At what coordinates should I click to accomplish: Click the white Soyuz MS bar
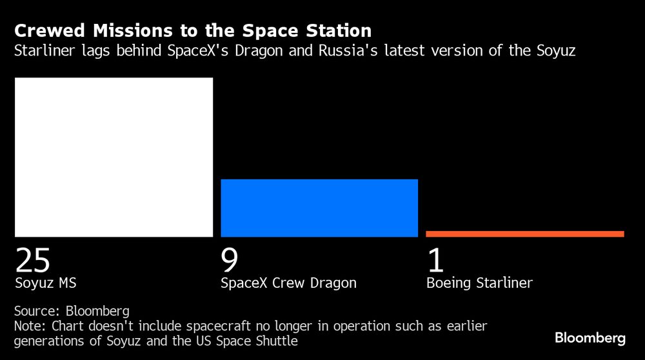(x=114, y=157)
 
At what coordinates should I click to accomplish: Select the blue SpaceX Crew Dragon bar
(x=319, y=208)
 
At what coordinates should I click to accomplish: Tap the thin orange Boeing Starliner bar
(x=524, y=234)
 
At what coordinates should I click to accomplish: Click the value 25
(x=32, y=260)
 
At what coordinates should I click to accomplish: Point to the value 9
(x=230, y=260)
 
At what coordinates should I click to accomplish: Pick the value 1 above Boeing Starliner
(x=436, y=260)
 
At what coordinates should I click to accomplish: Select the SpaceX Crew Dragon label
(x=288, y=283)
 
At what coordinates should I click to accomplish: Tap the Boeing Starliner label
(x=479, y=283)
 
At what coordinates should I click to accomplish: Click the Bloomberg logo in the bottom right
(x=590, y=338)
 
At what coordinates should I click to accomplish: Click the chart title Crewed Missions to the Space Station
(x=192, y=30)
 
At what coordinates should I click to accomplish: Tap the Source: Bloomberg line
(x=72, y=310)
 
